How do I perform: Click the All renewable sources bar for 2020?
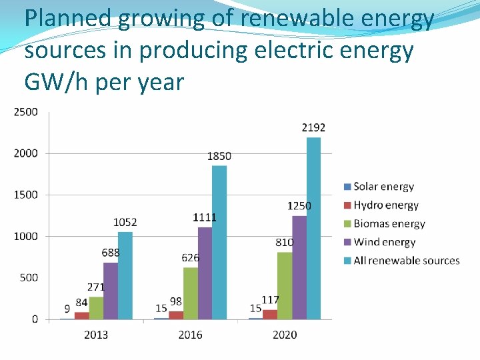coord(313,228)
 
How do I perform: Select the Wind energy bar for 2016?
coord(205,273)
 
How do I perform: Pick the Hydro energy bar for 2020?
coord(269,315)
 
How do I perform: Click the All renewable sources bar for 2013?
coord(125,275)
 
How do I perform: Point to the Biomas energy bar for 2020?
coord(285,285)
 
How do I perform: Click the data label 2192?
coord(313,127)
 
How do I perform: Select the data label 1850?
coord(219,156)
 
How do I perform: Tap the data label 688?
coord(111,253)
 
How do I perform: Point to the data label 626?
coord(190,258)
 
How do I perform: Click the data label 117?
coord(270,300)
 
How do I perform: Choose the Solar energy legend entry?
coord(383,187)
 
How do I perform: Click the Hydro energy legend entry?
coord(385,205)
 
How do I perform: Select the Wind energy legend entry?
coord(384,242)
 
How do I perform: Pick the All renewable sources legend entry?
coord(406,261)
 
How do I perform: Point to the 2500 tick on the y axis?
coord(26,112)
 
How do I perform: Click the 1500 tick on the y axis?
coord(26,195)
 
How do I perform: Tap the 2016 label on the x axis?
coord(191,334)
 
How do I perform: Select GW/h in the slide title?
coord(57,83)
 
